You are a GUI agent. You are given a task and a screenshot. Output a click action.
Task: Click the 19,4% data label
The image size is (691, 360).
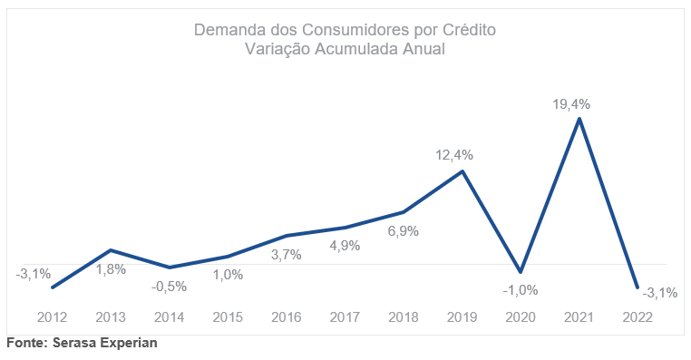(571, 104)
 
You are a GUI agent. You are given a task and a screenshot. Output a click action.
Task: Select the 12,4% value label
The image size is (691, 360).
(454, 155)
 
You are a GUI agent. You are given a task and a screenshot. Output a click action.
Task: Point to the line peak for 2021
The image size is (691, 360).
(579, 118)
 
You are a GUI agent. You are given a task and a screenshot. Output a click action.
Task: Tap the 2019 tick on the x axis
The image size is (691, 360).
(462, 317)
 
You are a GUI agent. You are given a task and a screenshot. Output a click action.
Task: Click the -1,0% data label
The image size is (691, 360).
(521, 290)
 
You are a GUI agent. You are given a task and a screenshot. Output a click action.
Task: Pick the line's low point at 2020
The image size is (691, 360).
(521, 271)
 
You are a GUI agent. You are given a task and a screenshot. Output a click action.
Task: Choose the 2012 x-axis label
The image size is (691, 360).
(52, 317)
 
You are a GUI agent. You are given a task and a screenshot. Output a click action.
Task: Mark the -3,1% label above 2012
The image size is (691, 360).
(33, 274)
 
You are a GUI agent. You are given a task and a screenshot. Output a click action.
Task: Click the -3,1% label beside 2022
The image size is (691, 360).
(659, 293)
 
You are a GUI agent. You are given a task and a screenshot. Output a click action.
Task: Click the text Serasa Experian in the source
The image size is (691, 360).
(105, 343)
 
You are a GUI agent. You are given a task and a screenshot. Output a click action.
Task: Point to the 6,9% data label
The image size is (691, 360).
(404, 231)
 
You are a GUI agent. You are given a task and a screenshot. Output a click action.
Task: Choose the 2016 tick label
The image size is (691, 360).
(286, 317)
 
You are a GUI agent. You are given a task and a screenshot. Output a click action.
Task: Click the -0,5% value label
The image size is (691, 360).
(170, 287)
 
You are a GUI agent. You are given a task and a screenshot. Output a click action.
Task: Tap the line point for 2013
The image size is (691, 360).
(111, 250)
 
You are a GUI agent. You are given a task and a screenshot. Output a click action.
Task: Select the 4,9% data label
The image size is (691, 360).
(345, 246)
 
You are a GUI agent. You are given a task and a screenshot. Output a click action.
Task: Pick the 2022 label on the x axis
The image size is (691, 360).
(637, 317)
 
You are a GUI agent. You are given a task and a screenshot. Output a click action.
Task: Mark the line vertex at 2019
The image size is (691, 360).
(462, 171)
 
